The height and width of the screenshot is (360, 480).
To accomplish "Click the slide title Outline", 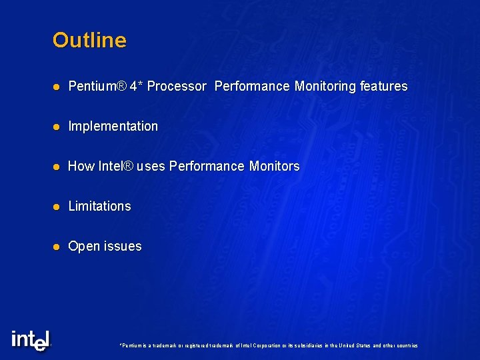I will pyautogui.click(x=89, y=40).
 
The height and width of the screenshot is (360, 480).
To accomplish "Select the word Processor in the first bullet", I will pyautogui.click(x=177, y=86).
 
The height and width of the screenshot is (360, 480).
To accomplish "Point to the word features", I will pyautogui.click(x=383, y=86).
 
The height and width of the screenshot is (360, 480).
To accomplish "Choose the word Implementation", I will pyautogui.click(x=113, y=126).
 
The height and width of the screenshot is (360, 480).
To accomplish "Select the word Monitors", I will pyautogui.click(x=274, y=166).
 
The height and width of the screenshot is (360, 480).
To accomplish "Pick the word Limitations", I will pyautogui.click(x=100, y=206).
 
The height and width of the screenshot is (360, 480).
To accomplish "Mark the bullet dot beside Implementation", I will pyautogui.click(x=57, y=127).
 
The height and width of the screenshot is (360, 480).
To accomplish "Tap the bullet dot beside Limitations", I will pyautogui.click(x=57, y=207).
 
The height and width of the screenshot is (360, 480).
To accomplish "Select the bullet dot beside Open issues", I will pyautogui.click(x=57, y=247).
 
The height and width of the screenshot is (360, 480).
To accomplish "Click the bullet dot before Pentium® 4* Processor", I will pyautogui.click(x=57, y=87).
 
